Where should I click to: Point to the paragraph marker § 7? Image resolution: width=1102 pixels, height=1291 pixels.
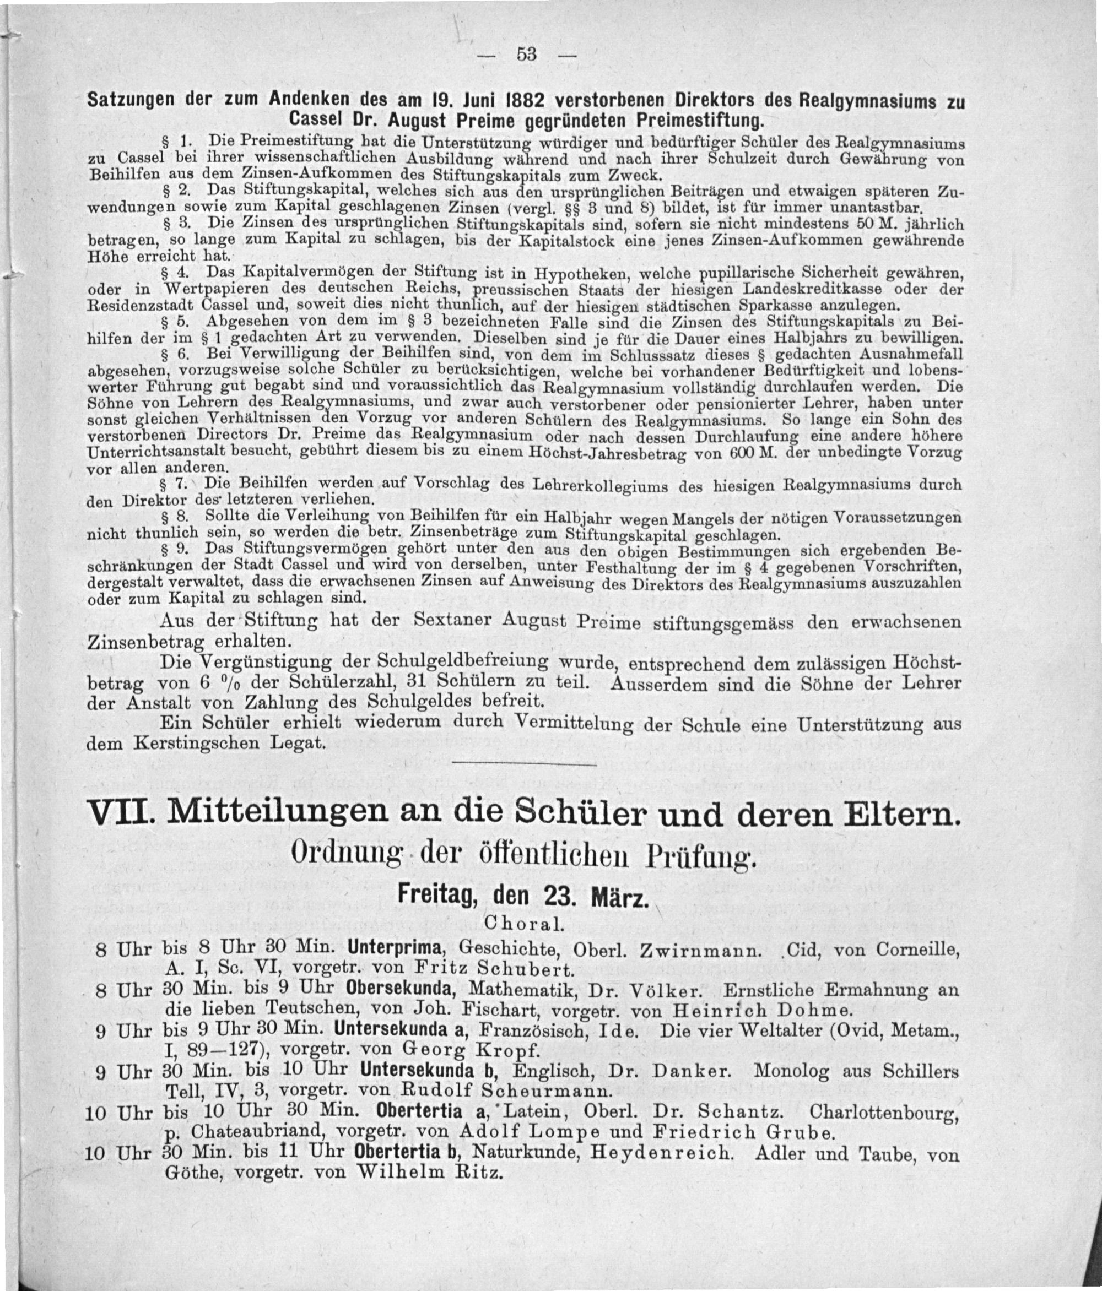point(171,484)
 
